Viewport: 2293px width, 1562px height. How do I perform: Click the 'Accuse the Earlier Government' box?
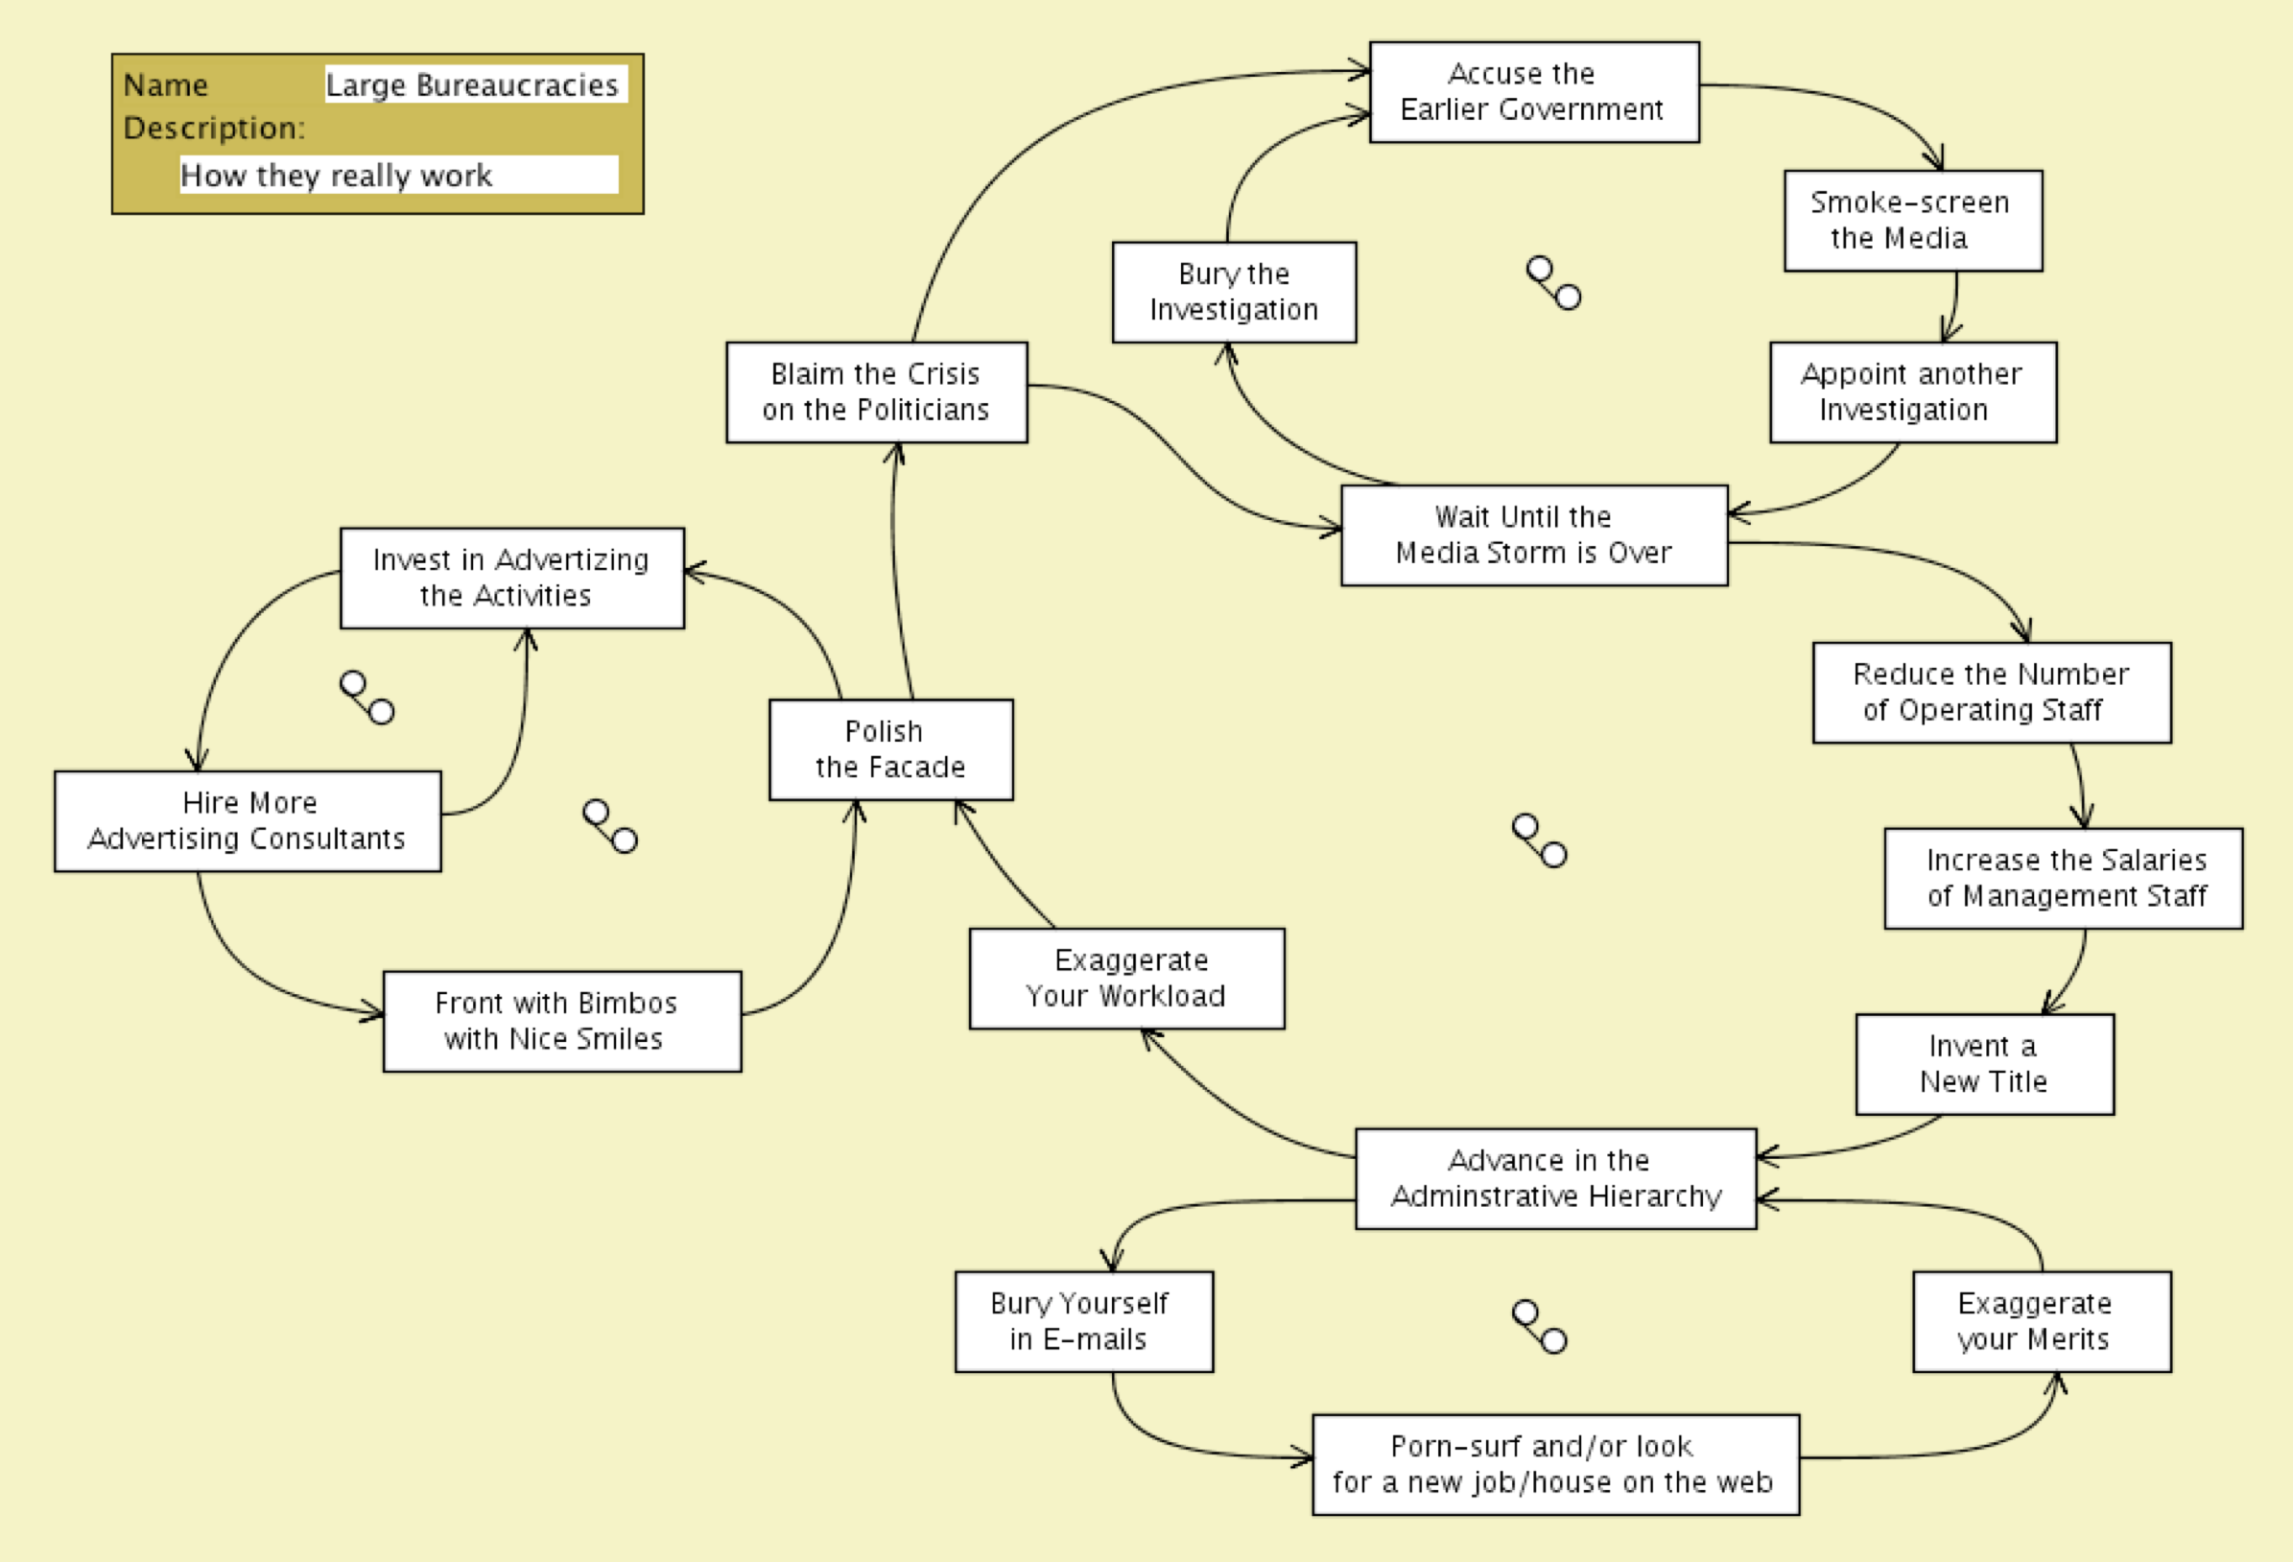coord(1533,92)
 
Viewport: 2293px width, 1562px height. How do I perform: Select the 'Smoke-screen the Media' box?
coord(1912,220)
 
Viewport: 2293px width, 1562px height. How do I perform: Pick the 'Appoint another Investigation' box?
coord(1912,391)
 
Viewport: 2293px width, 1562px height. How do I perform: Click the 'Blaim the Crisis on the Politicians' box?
coord(876,391)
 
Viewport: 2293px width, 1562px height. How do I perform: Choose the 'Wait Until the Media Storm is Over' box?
coord(1533,534)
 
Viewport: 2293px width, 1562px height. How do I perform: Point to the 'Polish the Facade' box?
coord(890,749)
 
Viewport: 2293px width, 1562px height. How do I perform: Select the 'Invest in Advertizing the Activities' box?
coord(511,578)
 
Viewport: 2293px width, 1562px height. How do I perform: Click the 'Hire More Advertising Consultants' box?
coord(247,820)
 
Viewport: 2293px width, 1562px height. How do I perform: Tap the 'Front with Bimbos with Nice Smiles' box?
coord(561,1020)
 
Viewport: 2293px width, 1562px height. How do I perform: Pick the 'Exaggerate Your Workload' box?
coord(1125,978)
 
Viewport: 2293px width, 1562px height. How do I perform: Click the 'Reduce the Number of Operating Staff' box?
coord(1991,692)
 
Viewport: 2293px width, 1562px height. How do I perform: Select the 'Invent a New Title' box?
coord(1984,1064)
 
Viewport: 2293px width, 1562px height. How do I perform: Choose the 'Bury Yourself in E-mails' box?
coord(1083,1321)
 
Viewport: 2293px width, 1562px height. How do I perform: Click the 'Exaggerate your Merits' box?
coord(2042,1321)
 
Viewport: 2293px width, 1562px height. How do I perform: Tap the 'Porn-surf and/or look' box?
coord(1555,1464)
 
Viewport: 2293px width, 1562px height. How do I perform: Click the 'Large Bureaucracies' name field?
coord(475,84)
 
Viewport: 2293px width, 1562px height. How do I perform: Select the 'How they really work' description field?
coord(398,175)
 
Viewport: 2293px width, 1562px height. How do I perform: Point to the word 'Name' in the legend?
coord(166,84)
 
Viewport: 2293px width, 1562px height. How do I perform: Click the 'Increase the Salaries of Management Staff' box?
coord(2063,877)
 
